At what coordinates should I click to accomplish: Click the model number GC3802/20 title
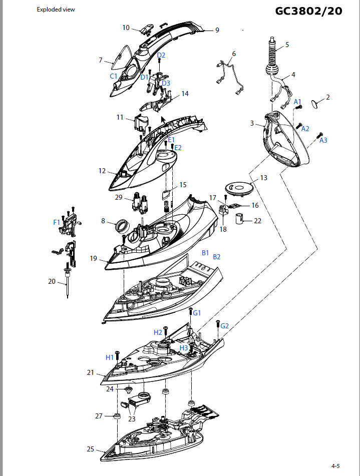click(308, 11)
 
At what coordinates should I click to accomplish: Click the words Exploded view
click(56, 10)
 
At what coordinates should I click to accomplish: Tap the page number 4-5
click(335, 465)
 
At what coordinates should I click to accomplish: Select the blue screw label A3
click(323, 140)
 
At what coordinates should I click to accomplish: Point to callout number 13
click(264, 178)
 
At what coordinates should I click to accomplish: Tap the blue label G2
click(224, 326)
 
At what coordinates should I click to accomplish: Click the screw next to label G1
click(191, 312)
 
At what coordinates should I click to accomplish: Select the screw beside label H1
click(118, 355)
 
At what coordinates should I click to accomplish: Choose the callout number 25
click(90, 449)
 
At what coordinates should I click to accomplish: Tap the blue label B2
click(217, 257)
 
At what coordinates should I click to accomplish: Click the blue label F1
click(57, 222)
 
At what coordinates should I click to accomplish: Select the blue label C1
click(114, 76)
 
